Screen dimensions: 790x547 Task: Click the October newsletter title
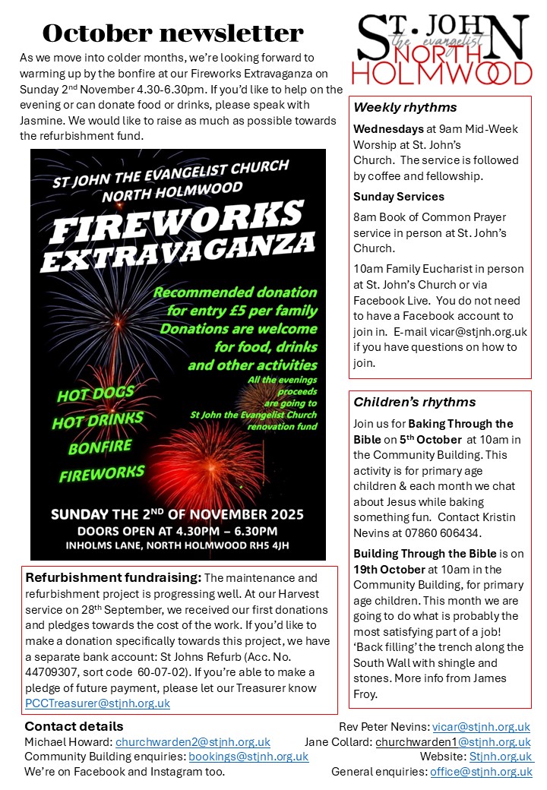(x=172, y=33)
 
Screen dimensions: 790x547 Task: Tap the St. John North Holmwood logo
(x=445, y=49)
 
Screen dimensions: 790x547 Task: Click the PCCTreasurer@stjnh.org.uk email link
(x=97, y=703)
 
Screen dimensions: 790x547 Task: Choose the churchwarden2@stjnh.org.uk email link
(x=193, y=742)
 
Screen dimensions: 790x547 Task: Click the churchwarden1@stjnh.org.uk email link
(x=453, y=742)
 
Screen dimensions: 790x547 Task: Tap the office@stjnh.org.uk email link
(x=481, y=772)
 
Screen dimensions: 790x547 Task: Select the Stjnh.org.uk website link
(x=501, y=757)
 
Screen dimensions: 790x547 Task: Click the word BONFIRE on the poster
(x=100, y=447)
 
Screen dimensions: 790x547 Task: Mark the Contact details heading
(x=74, y=727)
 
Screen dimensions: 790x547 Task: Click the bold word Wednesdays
(x=387, y=129)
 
